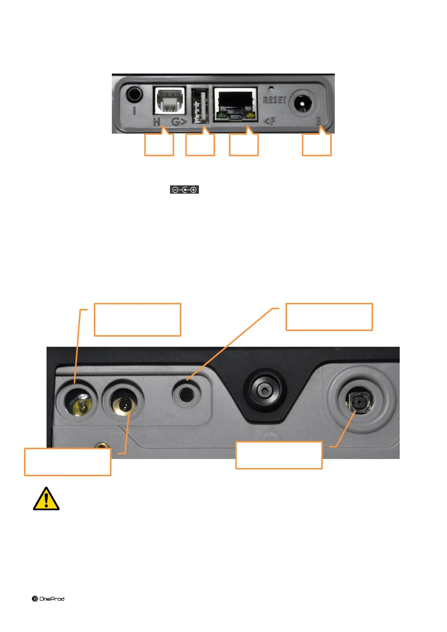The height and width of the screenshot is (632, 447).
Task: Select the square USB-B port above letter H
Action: pos(170,101)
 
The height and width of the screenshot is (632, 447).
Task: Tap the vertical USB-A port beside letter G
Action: pos(200,106)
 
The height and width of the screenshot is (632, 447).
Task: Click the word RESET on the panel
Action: pos(274,100)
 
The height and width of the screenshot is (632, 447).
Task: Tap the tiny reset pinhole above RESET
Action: pos(271,89)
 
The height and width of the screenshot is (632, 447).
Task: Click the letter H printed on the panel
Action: pos(157,121)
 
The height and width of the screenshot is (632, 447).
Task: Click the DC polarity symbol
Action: pos(184,190)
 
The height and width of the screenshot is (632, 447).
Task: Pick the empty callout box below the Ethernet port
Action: pos(244,145)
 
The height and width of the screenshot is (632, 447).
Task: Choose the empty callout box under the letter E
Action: pos(317,145)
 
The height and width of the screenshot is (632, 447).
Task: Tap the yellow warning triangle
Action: pos(46,500)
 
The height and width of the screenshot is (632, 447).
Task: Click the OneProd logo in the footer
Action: pos(48,599)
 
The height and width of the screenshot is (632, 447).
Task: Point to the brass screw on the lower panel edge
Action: pos(101,445)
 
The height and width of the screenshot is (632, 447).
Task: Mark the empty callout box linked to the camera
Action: pos(279,455)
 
